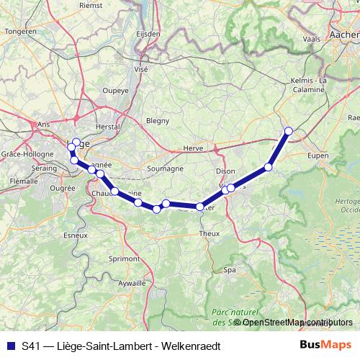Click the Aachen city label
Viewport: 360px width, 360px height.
tap(344, 34)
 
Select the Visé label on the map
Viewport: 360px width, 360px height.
tap(140, 70)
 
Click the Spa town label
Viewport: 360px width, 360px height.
tap(230, 270)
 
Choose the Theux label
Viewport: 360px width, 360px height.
tap(209, 234)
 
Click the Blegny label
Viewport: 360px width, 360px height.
tap(157, 121)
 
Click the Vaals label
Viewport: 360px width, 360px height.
tap(312, 39)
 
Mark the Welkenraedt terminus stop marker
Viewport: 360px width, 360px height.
tap(289, 130)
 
